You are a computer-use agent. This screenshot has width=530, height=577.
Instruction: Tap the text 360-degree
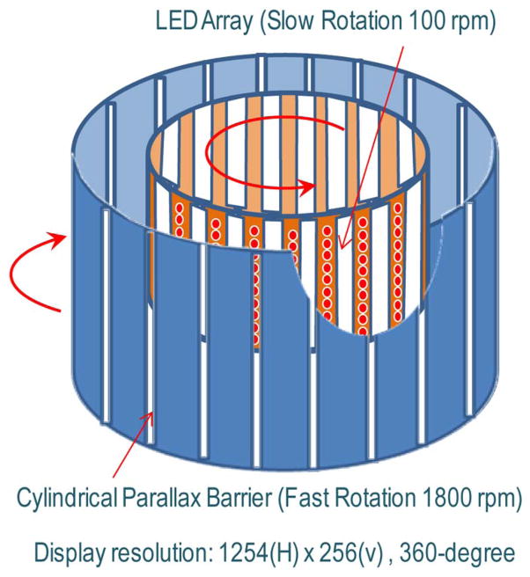[455, 552]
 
